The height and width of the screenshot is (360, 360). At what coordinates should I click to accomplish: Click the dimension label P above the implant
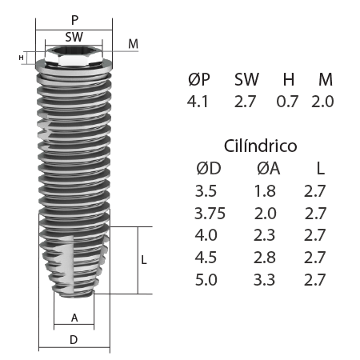(74, 18)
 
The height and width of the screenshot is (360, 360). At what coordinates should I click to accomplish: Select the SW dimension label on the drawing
(74, 37)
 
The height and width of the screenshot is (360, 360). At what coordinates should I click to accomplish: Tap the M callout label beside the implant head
(133, 43)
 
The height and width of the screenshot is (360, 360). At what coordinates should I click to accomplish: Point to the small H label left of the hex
(21, 58)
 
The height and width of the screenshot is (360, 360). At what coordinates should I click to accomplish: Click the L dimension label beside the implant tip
(143, 261)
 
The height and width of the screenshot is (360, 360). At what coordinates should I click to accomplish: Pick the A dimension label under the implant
(74, 318)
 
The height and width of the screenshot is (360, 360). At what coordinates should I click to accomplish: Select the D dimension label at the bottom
(74, 340)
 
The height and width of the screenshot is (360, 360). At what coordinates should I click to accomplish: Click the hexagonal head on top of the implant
(74, 58)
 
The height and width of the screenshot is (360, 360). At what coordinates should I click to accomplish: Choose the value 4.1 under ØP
(198, 102)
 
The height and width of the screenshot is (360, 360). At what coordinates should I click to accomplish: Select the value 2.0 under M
(322, 102)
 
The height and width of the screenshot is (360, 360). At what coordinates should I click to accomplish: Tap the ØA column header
(268, 169)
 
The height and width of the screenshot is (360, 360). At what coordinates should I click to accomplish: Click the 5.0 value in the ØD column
(206, 281)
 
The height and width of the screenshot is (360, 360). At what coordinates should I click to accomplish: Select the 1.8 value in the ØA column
(267, 191)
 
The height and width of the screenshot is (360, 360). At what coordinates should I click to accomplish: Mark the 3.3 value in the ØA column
(267, 281)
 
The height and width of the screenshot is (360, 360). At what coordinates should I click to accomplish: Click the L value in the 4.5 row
(316, 258)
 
